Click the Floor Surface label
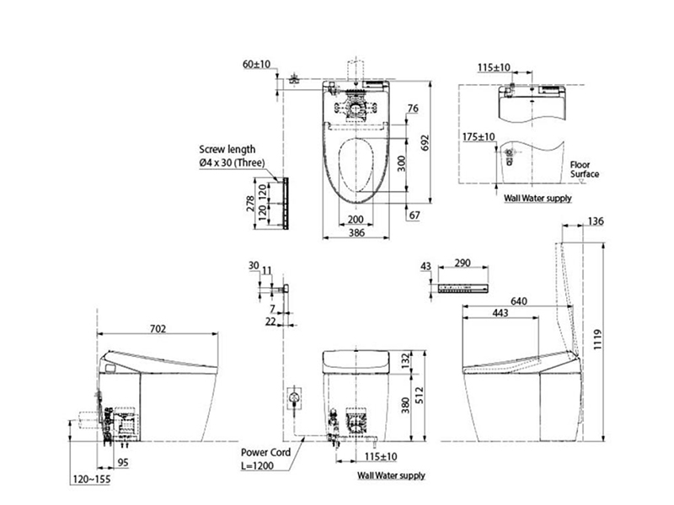click(585, 170)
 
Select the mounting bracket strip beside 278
click(286, 203)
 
